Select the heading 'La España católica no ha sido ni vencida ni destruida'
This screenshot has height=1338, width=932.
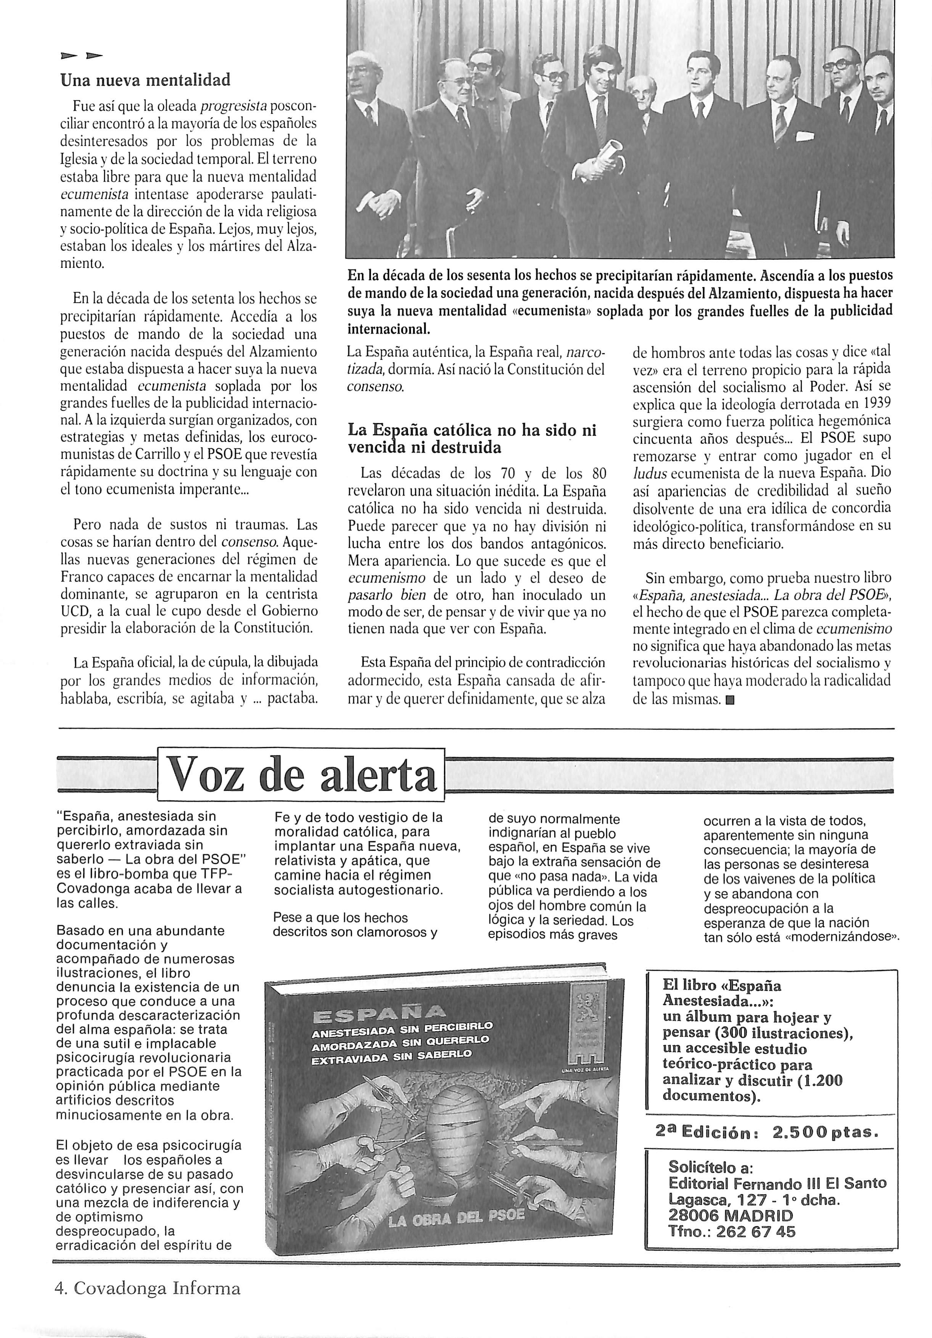point(472,439)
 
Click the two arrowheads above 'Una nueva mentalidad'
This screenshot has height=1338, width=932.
point(82,56)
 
